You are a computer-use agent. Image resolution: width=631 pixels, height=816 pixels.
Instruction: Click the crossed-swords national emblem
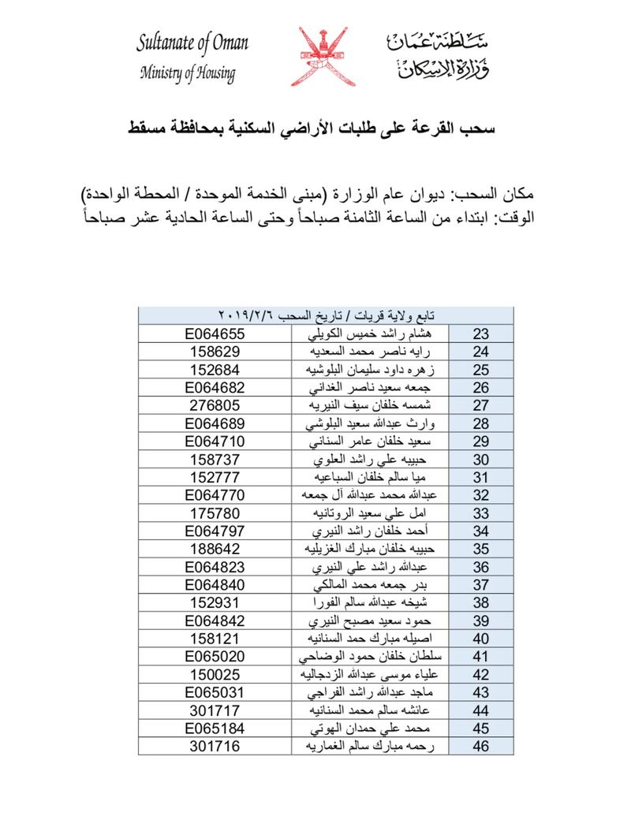point(320,57)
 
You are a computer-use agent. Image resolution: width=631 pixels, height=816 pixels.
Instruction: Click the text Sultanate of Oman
point(192,43)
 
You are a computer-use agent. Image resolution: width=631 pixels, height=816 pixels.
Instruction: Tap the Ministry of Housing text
point(187,75)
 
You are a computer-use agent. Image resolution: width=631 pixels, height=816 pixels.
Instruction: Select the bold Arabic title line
point(315,125)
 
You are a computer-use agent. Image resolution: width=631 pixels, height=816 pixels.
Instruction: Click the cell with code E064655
point(216,333)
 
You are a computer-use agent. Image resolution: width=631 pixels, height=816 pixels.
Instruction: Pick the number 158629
point(216,352)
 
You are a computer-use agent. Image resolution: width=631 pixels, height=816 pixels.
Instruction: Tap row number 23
point(481,333)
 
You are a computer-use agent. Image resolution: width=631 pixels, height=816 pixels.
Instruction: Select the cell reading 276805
point(216,405)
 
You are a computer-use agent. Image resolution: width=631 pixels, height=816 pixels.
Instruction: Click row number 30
point(481,459)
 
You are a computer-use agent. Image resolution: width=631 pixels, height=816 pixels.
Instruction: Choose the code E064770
point(216,495)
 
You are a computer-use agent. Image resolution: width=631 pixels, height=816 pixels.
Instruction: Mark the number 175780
point(216,512)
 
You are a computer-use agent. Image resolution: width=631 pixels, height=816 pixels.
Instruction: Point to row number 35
point(481,549)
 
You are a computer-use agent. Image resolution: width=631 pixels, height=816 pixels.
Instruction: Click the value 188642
point(216,549)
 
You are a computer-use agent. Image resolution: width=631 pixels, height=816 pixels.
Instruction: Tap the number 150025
point(216,674)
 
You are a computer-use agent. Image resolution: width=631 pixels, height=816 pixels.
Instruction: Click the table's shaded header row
point(326,315)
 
